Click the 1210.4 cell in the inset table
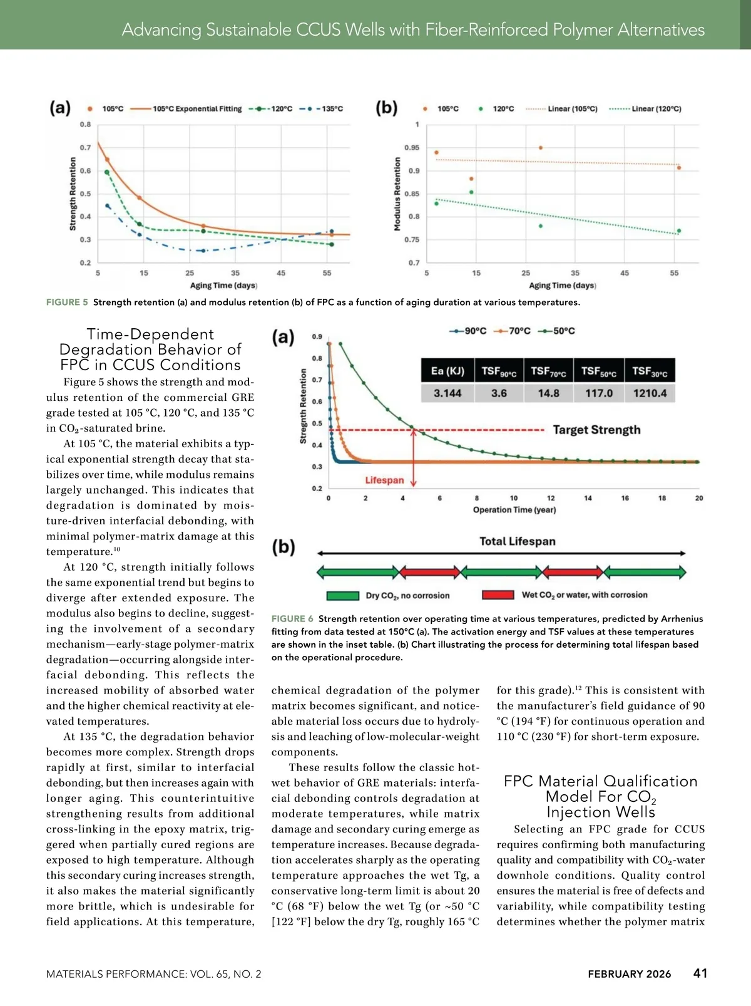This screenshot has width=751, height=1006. [650, 393]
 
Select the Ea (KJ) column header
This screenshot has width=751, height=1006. [447, 371]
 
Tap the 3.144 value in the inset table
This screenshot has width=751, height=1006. [447, 393]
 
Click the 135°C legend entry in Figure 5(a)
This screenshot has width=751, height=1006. [321, 109]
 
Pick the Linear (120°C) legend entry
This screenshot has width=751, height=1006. [645, 109]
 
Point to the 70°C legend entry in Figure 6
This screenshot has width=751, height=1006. [512, 331]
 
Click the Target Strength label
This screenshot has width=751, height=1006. [596, 430]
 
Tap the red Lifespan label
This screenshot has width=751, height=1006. [384, 480]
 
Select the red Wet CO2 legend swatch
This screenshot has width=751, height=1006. [498, 595]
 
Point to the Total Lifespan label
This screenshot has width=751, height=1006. [517, 541]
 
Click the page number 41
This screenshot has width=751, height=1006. [700, 973]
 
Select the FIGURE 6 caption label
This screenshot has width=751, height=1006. [292, 619]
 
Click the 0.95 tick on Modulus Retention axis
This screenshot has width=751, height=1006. [412, 148]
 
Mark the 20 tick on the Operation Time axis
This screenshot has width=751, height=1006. [699, 499]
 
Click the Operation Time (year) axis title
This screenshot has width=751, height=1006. [514, 510]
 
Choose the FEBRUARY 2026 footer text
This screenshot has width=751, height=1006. [629, 974]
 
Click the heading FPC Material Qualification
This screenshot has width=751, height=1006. [600, 782]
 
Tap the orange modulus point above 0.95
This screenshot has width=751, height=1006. [541, 148]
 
